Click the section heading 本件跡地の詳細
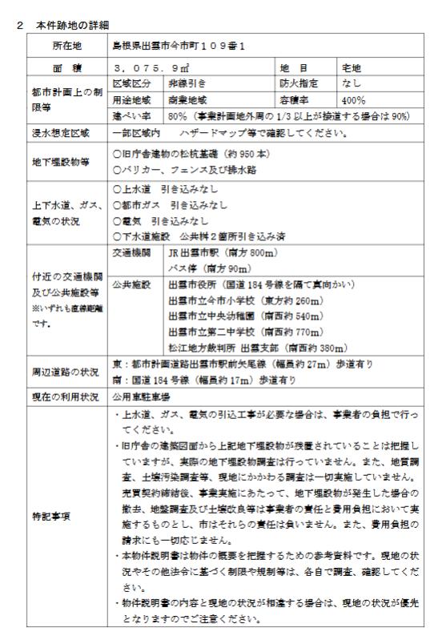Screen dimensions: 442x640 point(75,26)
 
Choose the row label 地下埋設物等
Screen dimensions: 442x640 point(61,162)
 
